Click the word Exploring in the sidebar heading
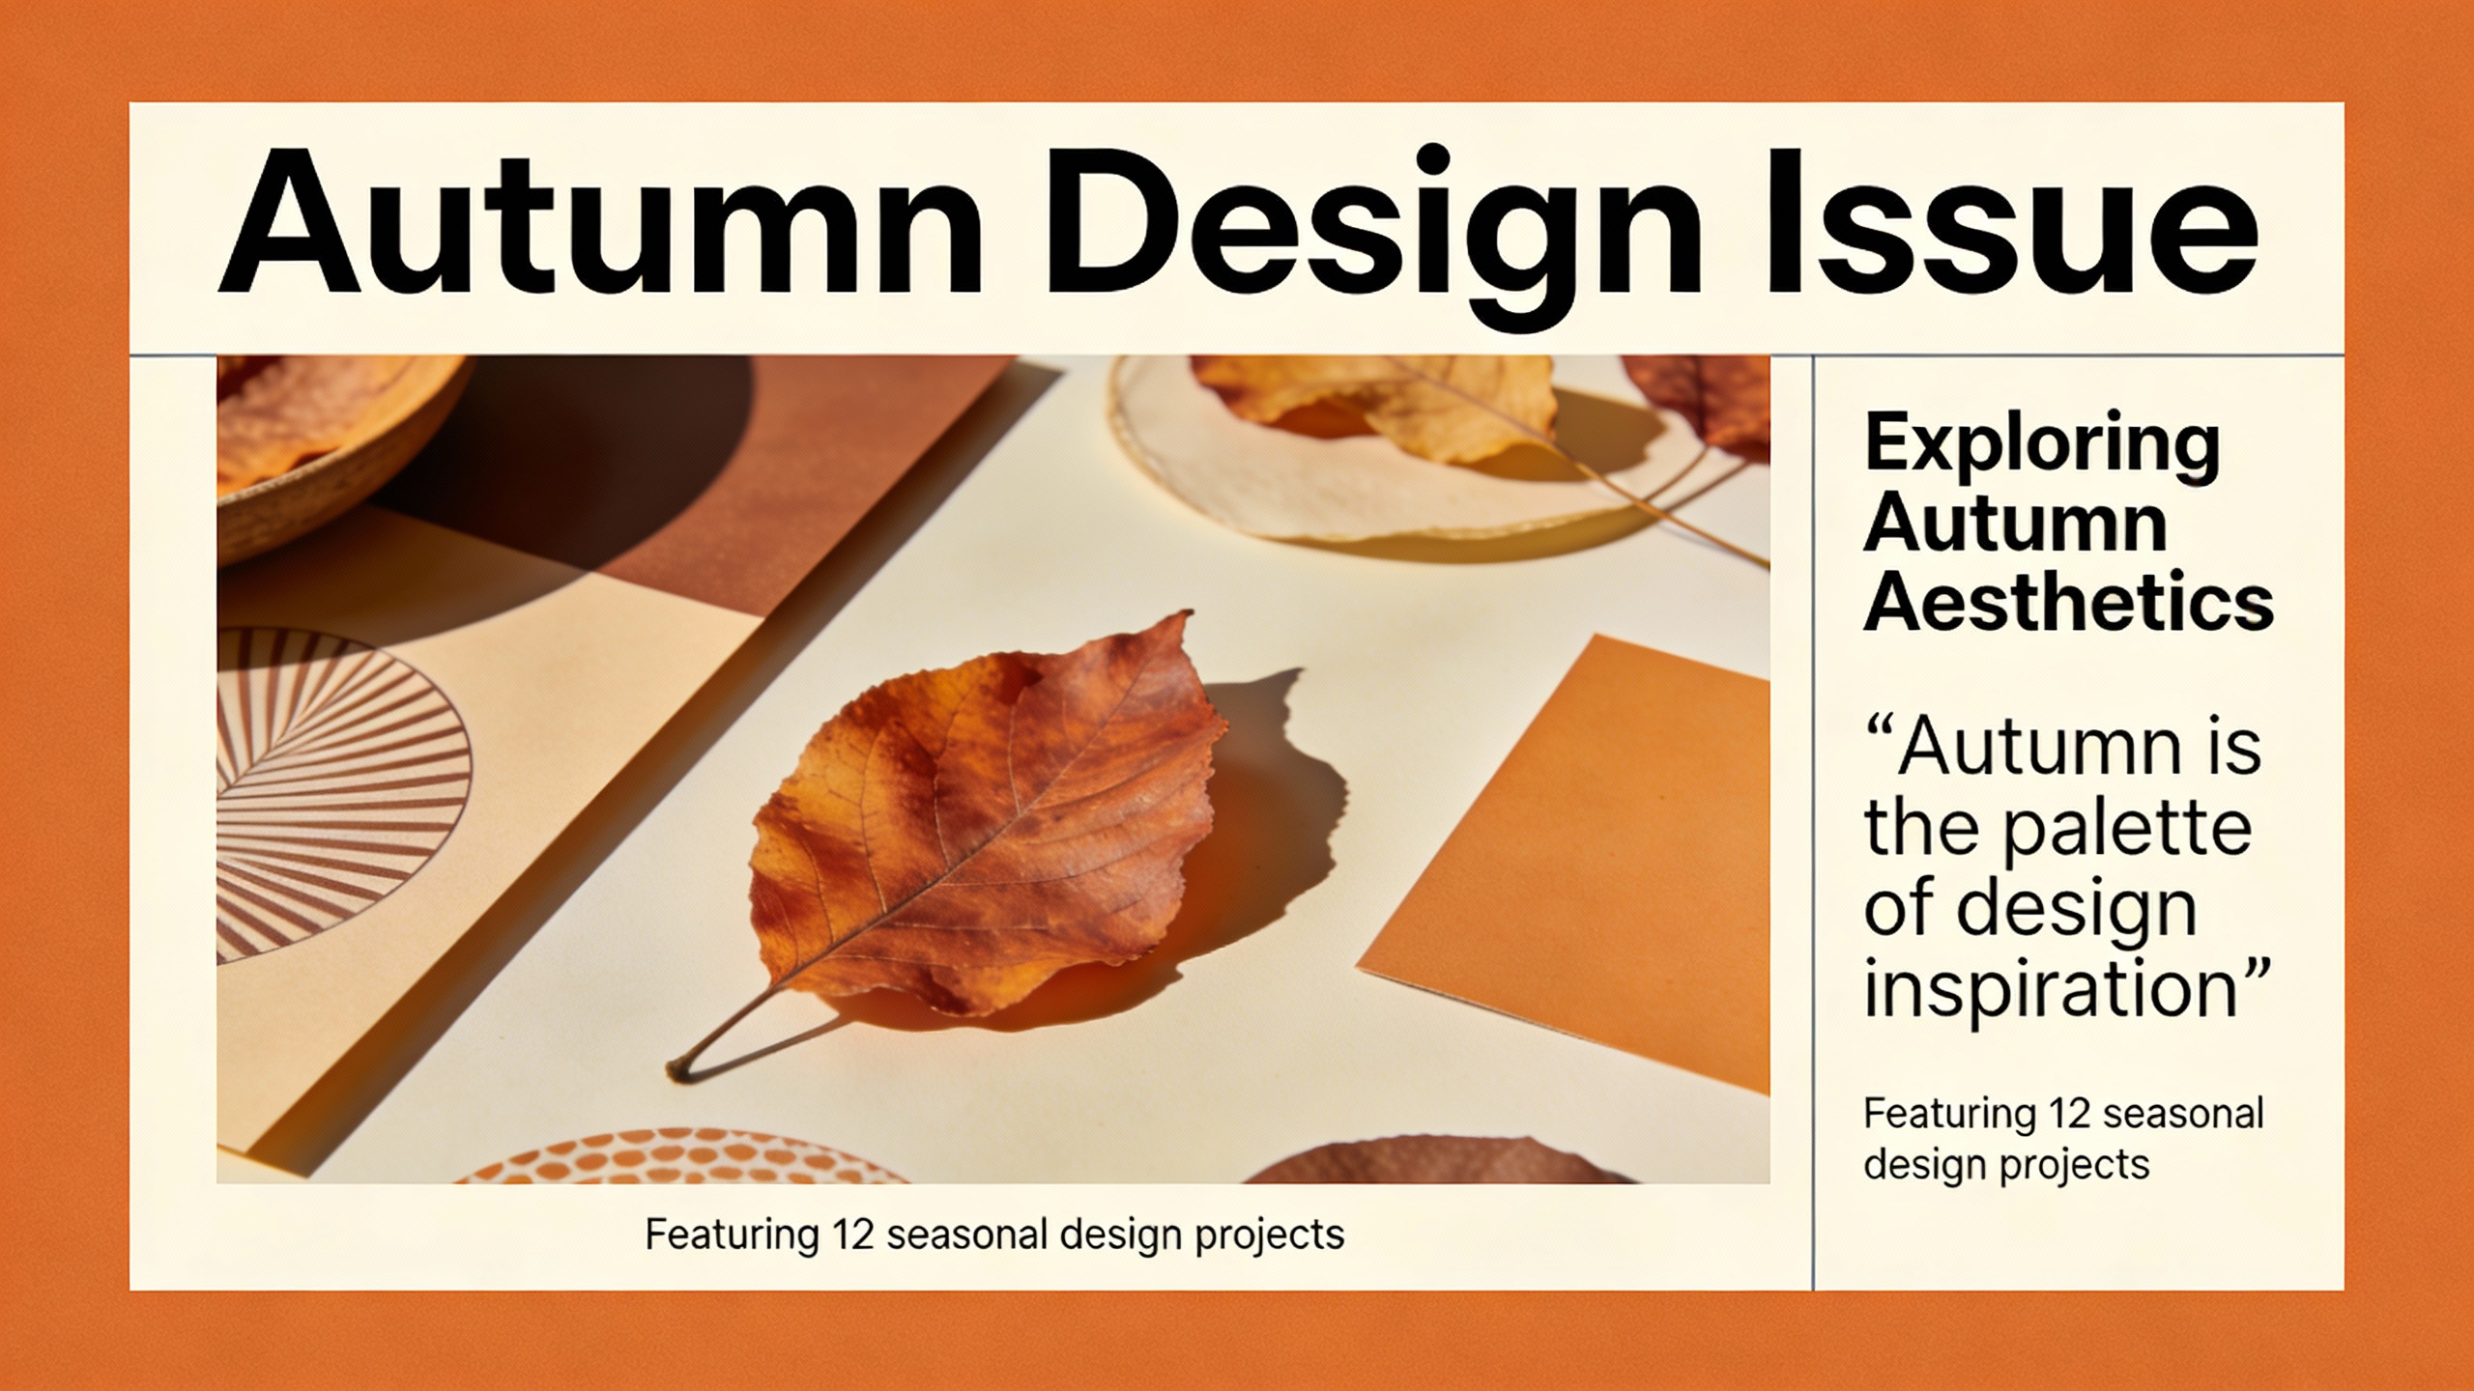tap(2042, 443)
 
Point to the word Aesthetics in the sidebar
tap(2068, 603)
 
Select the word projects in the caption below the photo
tap(1270, 1235)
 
